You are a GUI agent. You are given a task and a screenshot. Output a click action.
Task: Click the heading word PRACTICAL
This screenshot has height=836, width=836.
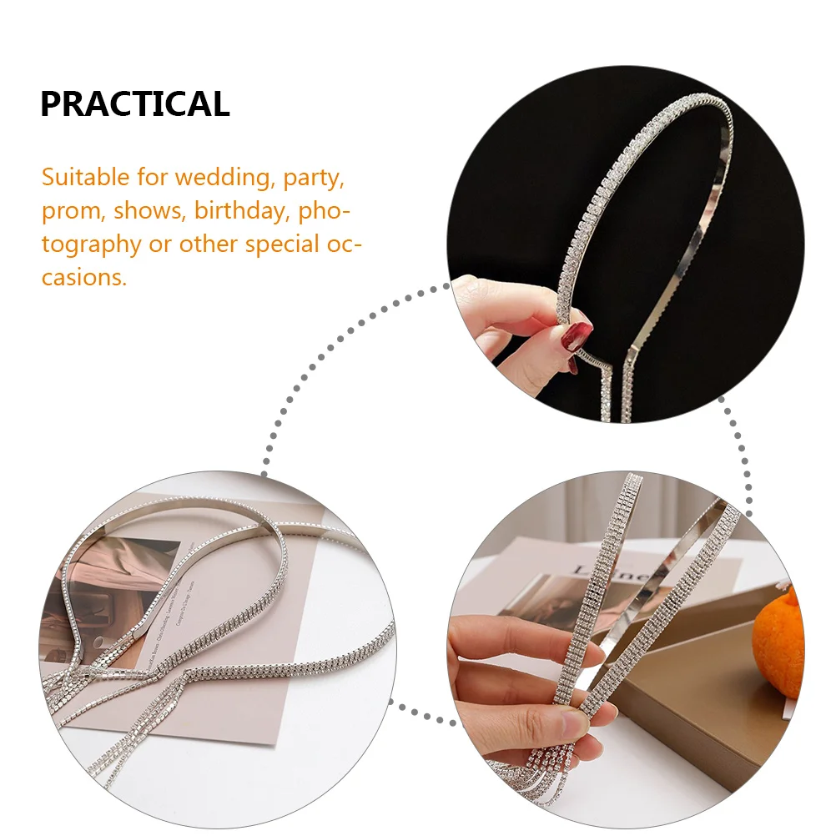click(x=134, y=104)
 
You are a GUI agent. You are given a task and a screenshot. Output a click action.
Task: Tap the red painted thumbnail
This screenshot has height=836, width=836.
click(x=577, y=336)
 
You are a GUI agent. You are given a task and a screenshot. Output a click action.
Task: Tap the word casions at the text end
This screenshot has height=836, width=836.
click(x=84, y=277)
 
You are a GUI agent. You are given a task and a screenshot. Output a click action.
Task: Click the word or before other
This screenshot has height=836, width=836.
click(x=159, y=244)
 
